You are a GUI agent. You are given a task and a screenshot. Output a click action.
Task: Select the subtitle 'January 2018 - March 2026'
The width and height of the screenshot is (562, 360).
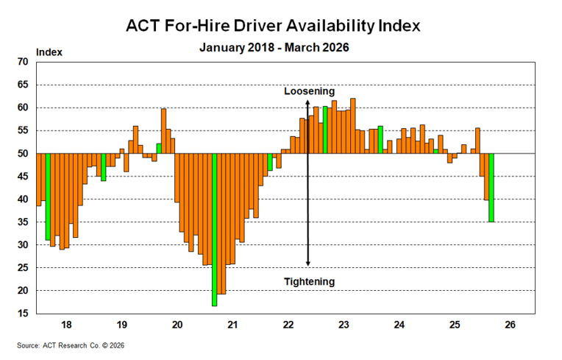tap(274, 48)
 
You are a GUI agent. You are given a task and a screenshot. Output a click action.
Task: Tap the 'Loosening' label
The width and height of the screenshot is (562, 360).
tap(310, 91)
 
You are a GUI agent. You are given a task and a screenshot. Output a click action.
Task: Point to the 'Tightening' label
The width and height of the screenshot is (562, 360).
tap(310, 281)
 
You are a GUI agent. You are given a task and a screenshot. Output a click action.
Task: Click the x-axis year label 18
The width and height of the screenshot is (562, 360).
tap(65, 325)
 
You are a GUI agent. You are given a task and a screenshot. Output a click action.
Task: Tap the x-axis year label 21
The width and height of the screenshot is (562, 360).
tap(232, 325)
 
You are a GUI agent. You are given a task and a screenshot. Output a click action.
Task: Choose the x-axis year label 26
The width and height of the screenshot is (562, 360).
tap(510, 325)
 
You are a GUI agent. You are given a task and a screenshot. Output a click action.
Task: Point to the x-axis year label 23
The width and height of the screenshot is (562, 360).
tap(344, 325)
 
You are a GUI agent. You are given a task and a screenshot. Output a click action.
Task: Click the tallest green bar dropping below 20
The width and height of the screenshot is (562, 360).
tap(214, 228)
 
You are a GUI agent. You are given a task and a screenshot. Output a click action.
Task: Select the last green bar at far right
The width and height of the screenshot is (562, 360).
tap(491, 187)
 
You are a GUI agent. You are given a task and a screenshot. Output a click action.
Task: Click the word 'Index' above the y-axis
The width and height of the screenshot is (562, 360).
tap(49, 52)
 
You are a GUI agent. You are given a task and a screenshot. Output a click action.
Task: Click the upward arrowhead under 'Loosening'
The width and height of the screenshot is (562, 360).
tap(308, 102)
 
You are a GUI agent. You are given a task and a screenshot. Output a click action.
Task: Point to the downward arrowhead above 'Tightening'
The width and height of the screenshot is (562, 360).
tap(308, 263)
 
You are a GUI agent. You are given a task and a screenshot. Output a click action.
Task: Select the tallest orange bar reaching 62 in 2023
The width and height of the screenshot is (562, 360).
tap(353, 126)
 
